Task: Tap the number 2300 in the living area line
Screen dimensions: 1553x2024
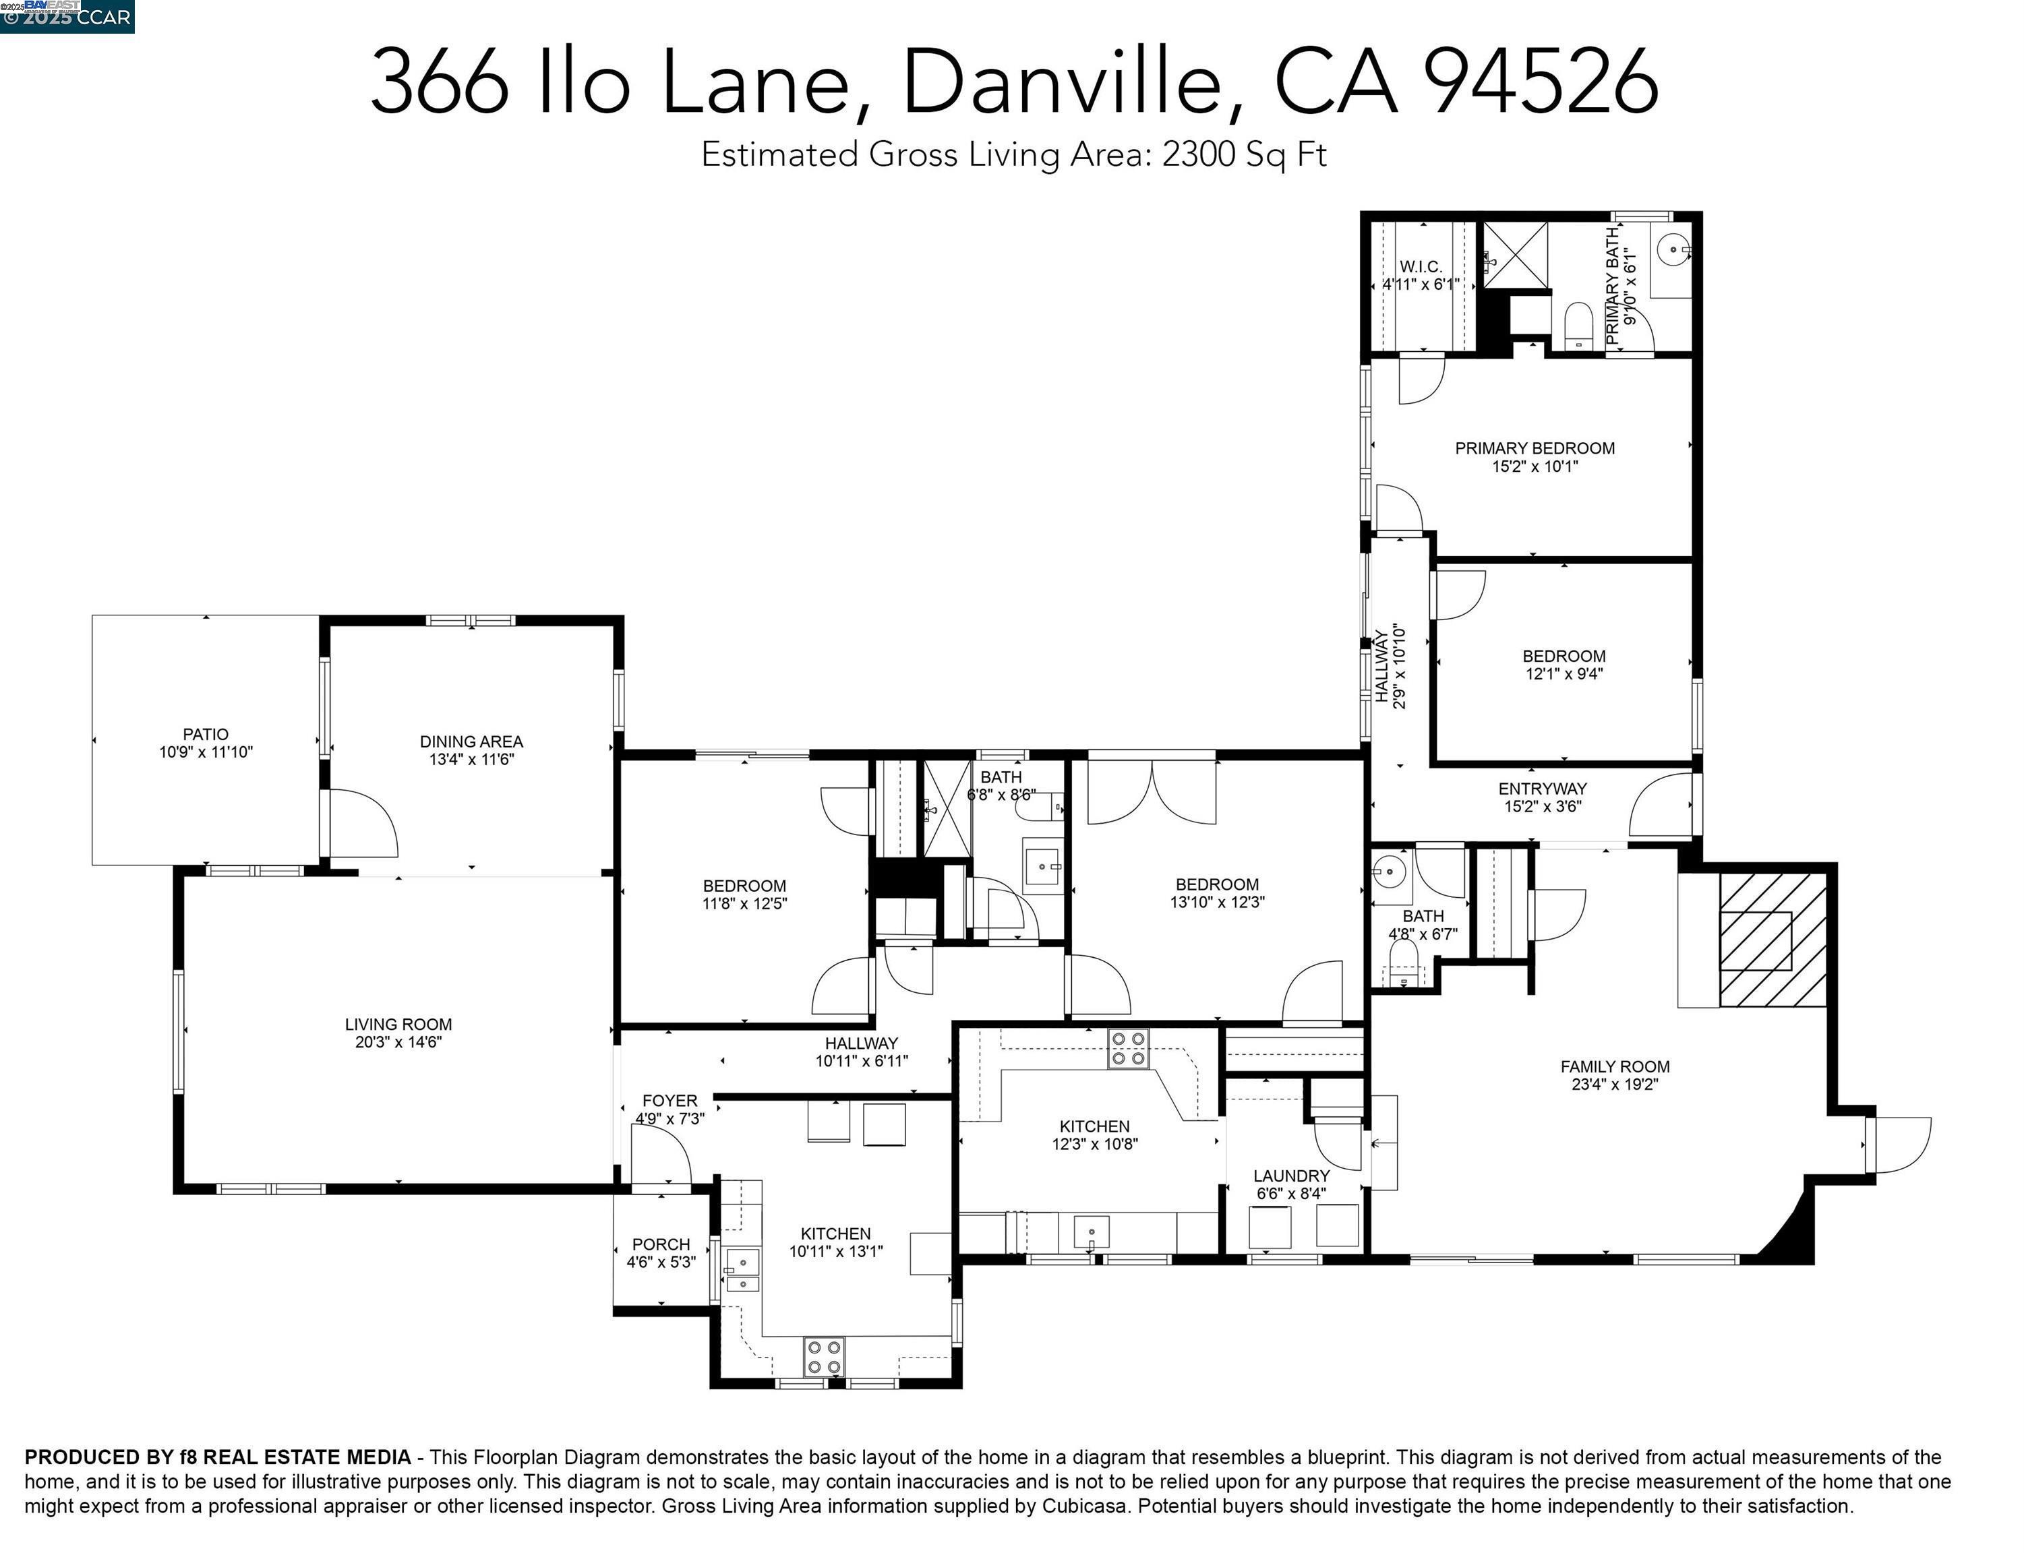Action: pos(1197,154)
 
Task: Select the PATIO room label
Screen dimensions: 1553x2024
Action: pos(205,734)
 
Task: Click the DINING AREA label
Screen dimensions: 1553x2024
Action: pos(471,741)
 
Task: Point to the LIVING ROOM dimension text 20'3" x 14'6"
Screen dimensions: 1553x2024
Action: pos(398,1042)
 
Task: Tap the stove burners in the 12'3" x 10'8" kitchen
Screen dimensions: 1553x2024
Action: pos(1128,1048)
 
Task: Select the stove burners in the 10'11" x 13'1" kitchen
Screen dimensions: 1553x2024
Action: pos(824,1356)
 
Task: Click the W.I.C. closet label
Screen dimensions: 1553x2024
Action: pos(1420,267)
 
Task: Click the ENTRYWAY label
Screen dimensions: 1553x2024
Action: pos(1541,789)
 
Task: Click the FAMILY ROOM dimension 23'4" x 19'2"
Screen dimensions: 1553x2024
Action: pos(1614,1085)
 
